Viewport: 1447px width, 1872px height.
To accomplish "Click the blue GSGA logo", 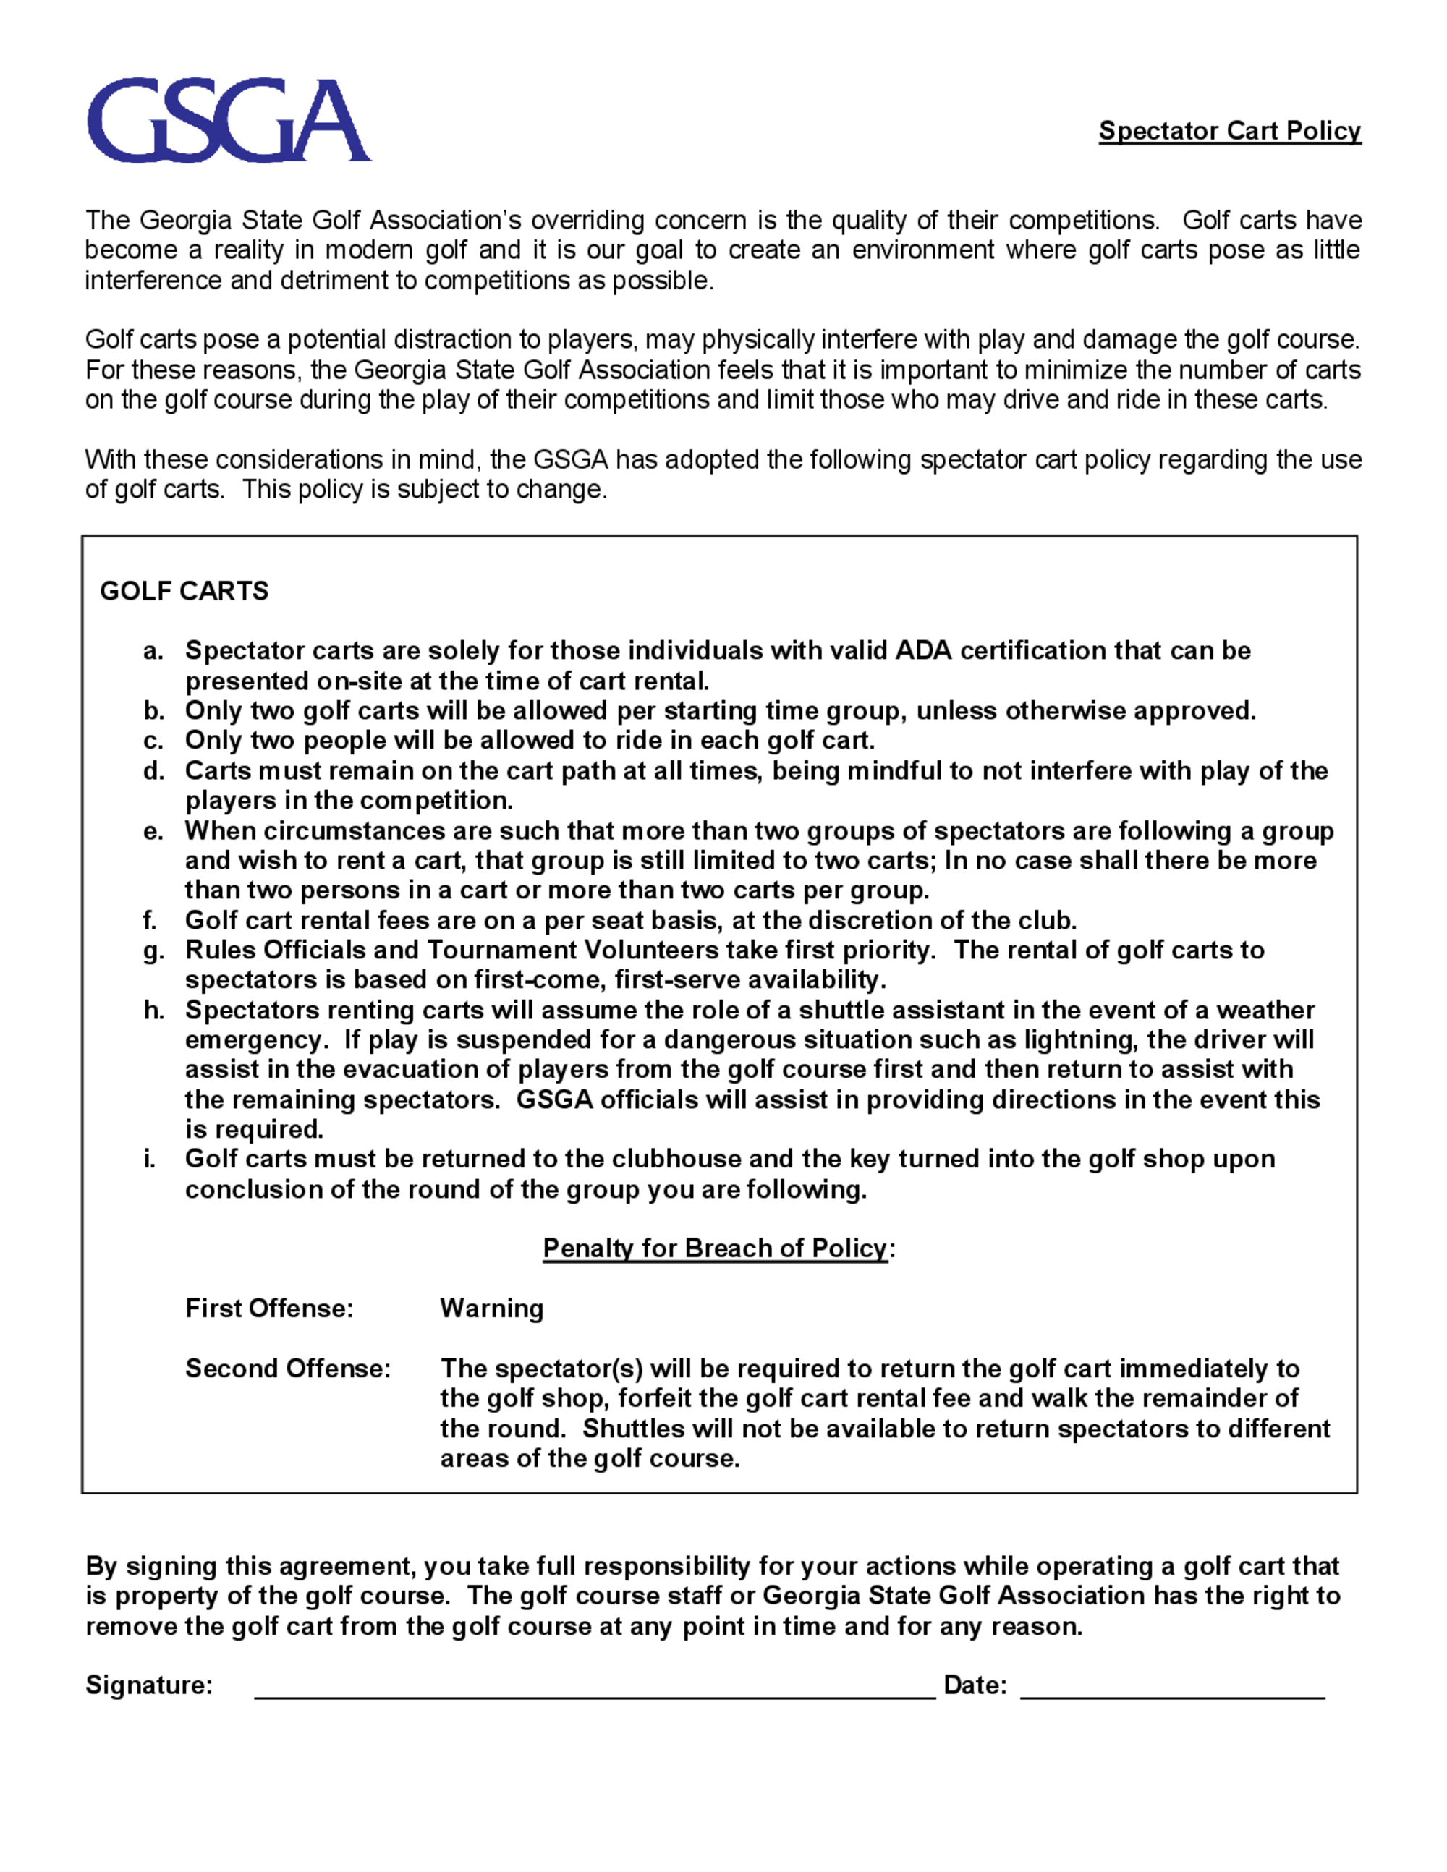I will click(229, 120).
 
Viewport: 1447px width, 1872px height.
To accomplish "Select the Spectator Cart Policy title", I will click(1229, 130).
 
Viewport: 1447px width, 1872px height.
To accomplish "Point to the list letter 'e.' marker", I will click(153, 830).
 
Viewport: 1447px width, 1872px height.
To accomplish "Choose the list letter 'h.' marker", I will click(153, 1010).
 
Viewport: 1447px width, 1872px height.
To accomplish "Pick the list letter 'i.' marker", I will click(150, 1159).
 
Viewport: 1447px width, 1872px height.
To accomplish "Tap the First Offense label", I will click(269, 1308).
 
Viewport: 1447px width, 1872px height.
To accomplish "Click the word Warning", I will click(491, 1308).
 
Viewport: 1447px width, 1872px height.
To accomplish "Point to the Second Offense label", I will click(288, 1368).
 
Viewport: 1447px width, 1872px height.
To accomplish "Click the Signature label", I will click(149, 1685).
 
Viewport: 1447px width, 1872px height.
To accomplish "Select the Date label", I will click(975, 1685).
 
